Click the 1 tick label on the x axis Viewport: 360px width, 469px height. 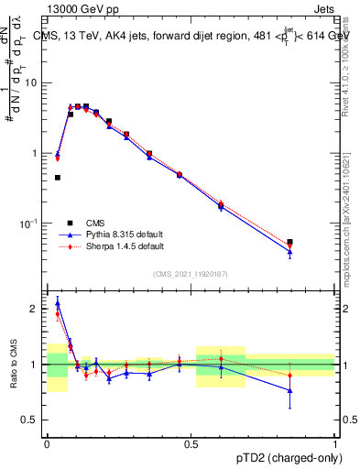(x=335, y=442)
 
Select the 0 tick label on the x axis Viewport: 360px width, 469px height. (x=47, y=442)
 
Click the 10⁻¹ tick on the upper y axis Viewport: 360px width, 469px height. (x=29, y=224)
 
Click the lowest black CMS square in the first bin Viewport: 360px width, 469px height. (x=58, y=178)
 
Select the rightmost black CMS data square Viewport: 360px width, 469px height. (x=290, y=242)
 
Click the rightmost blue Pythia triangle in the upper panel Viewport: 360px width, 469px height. (x=290, y=252)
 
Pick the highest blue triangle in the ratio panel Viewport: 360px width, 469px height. (x=58, y=303)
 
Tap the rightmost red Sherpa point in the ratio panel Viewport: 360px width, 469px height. (x=290, y=375)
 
